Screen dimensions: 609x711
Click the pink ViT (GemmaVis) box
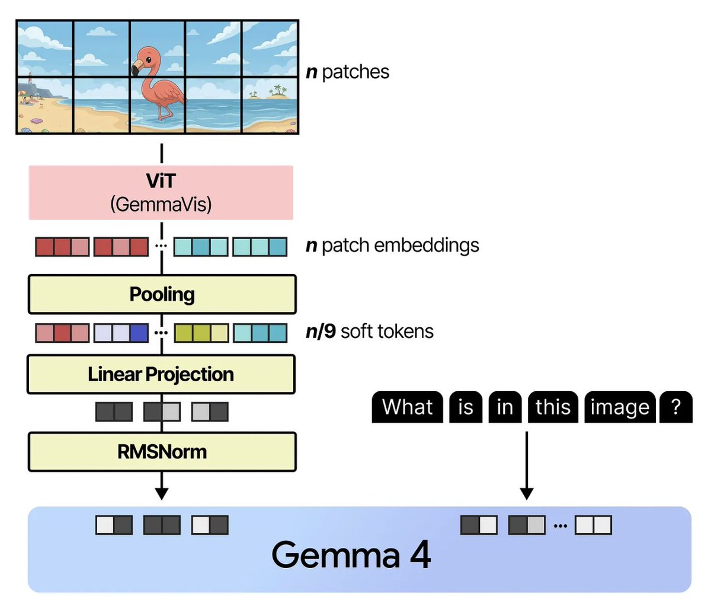tap(161, 193)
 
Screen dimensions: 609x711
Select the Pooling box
tap(162, 294)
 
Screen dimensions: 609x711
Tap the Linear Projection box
tap(161, 374)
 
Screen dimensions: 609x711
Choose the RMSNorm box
tap(162, 452)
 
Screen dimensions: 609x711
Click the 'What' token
tap(407, 407)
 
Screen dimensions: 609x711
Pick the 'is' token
tap(466, 407)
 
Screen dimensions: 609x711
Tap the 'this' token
tap(553, 407)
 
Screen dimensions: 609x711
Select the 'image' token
tap(620, 407)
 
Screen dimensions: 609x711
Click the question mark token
tap(676, 407)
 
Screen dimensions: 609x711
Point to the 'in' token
tap(505, 407)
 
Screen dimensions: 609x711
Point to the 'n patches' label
tap(348, 72)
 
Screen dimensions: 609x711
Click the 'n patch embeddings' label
tap(392, 245)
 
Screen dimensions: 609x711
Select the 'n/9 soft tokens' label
tap(370, 331)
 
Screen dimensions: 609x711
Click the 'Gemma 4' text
tap(351, 555)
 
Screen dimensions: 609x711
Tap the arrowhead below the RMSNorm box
tap(161, 493)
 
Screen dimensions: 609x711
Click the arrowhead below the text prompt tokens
tap(526, 493)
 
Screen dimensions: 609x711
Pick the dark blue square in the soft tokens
tap(139, 333)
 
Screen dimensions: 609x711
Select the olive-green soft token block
tap(201, 333)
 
